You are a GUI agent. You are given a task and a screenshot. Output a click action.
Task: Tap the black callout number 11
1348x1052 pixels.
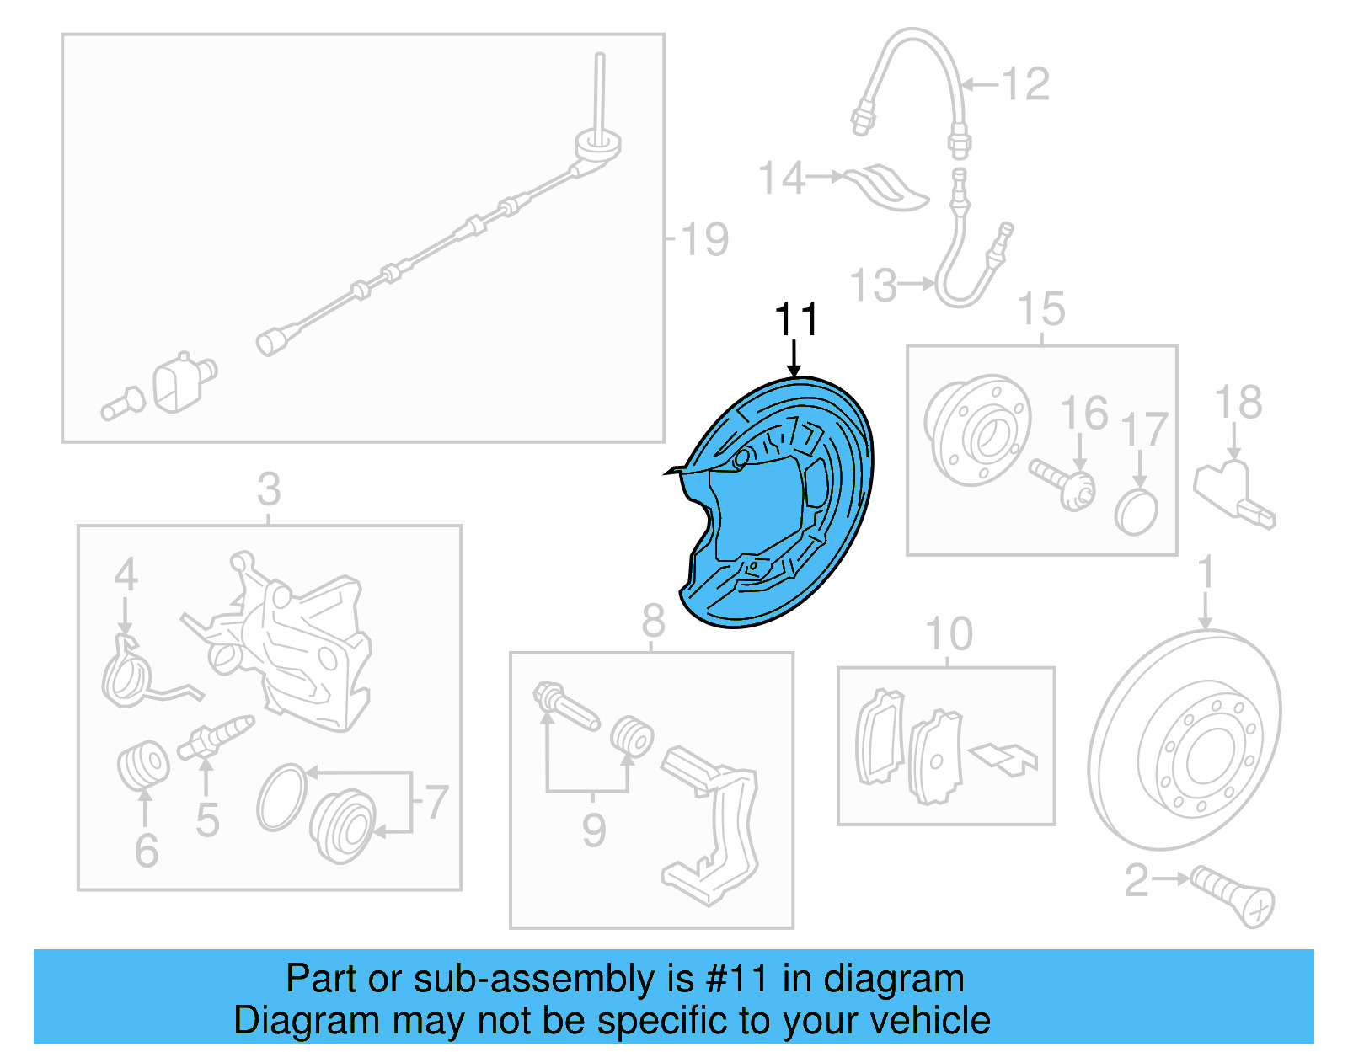(795, 320)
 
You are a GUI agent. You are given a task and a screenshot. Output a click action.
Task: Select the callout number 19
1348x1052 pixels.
(703, 239)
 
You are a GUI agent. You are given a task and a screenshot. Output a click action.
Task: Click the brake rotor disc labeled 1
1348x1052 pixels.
(1184, 741)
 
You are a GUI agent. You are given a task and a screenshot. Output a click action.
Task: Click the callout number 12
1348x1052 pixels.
(1025, 84)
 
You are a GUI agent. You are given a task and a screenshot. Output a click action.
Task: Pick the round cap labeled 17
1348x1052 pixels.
(1136, 511)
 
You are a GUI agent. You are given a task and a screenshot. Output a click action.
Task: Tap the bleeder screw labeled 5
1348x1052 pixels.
(216, 738)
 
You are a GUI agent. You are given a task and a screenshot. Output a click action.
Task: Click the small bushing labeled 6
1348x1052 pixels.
(142, 763)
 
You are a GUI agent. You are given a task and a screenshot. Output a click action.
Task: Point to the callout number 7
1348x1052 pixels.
(436, 802)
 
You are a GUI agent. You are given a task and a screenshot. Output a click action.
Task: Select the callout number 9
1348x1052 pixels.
(593, 830)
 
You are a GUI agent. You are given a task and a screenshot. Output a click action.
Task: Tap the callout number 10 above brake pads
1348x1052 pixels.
(948, 633)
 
